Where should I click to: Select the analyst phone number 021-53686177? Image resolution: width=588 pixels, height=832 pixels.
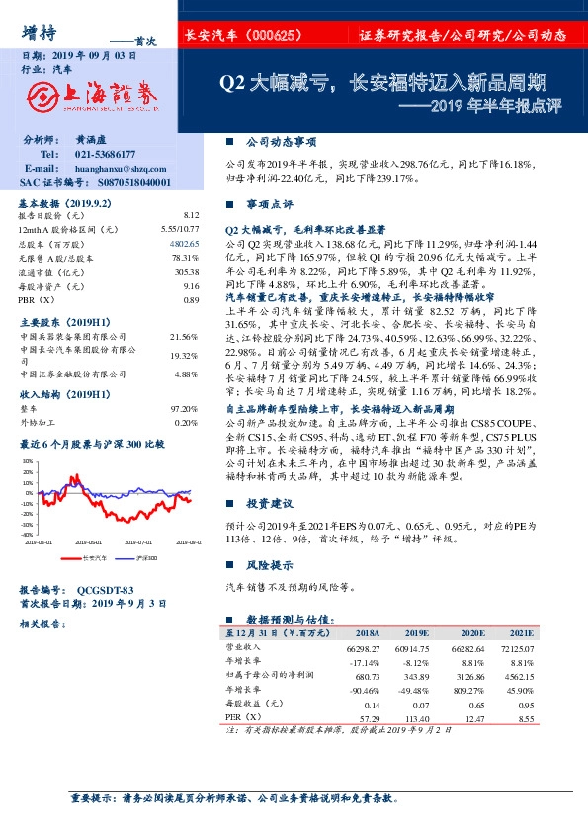108,155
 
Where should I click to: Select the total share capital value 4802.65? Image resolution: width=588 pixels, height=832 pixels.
185,242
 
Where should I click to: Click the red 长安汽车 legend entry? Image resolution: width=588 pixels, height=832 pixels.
94,558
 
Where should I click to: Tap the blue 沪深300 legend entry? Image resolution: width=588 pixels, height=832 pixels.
145,558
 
